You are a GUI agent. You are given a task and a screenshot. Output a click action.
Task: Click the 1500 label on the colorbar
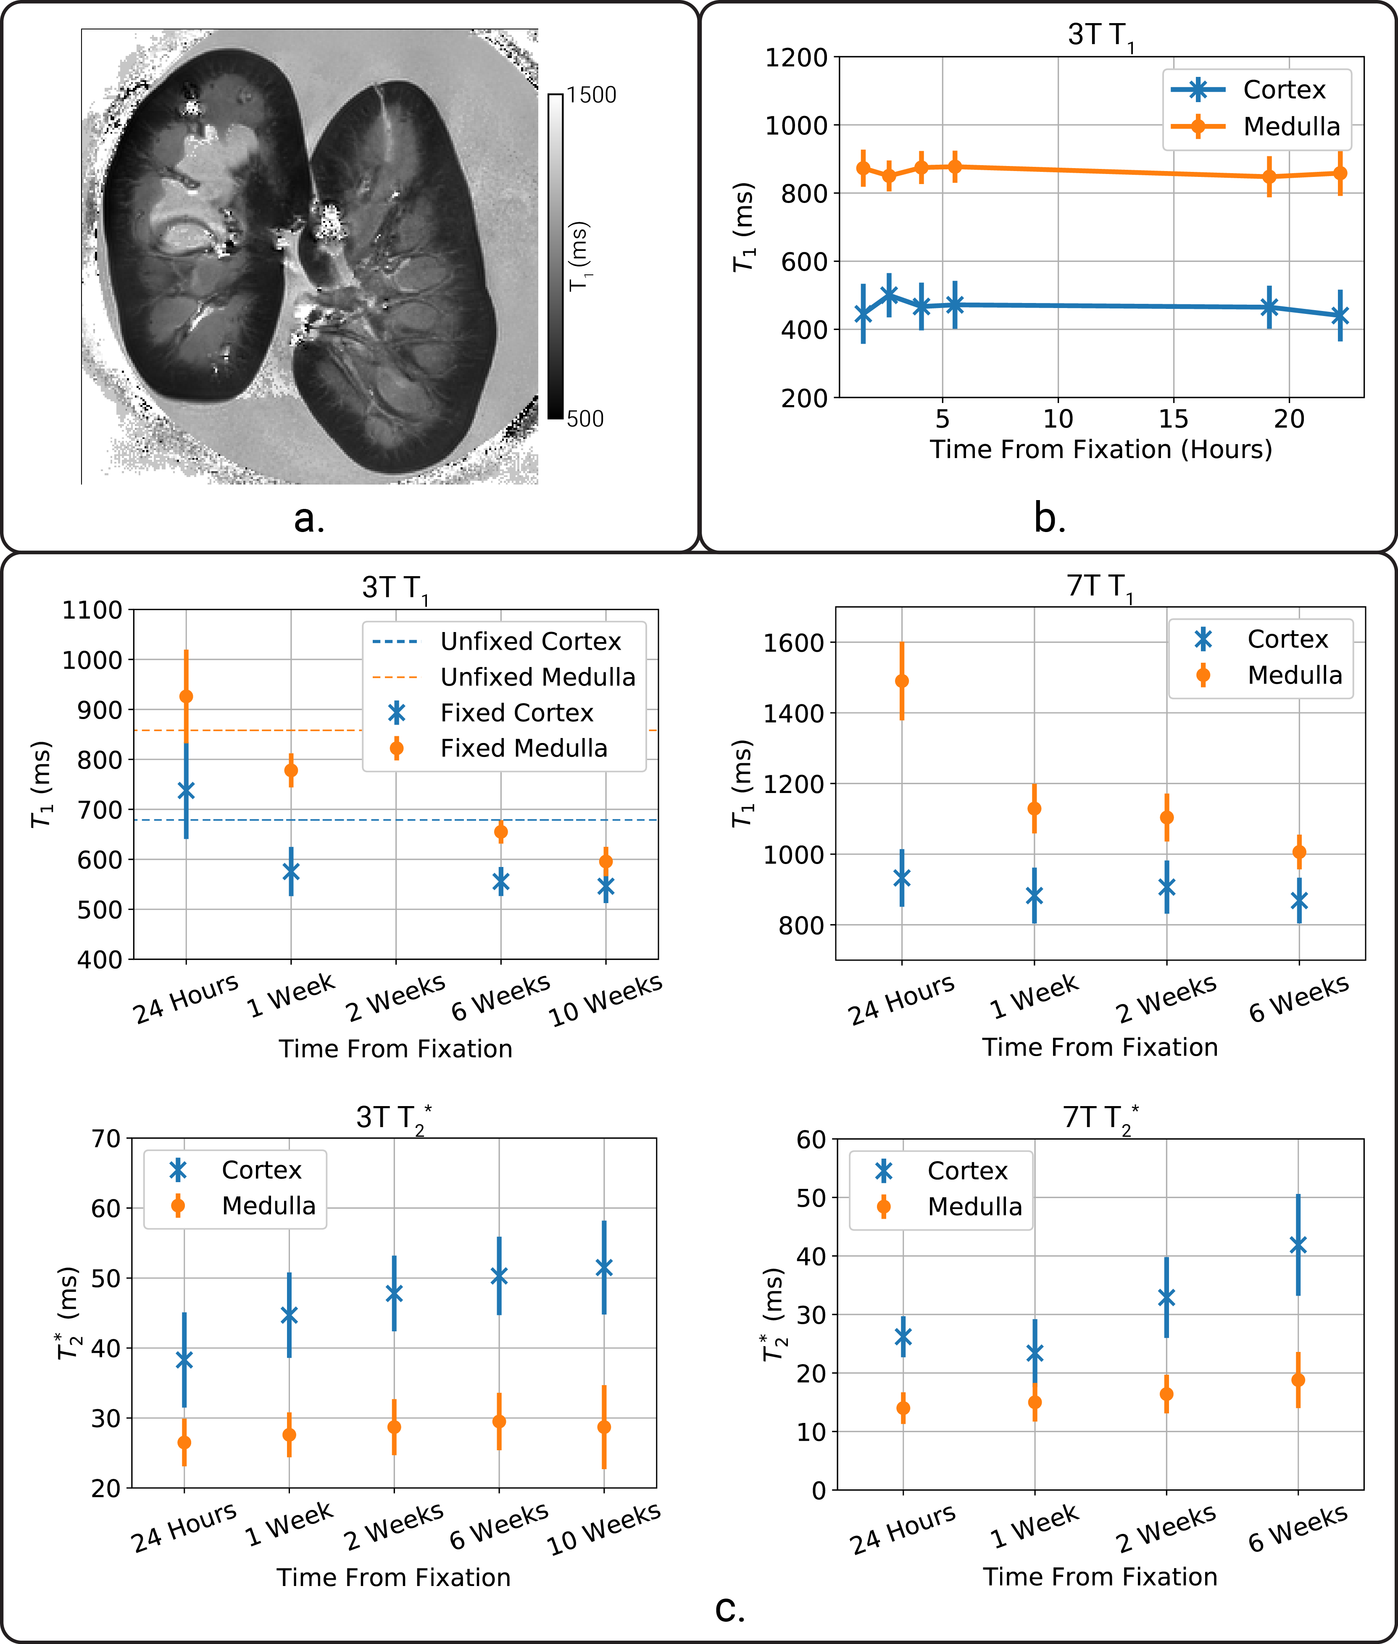click(x=591, y=95)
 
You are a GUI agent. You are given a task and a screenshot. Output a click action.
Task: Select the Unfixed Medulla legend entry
click(x=537, y=677)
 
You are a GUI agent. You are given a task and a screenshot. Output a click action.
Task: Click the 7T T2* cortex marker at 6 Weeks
click(x=1298, y=1245)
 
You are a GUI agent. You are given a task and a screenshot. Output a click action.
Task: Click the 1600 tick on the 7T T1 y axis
click(x=793, y=643)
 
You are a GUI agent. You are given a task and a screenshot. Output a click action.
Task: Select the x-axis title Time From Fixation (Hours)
click(x=1101, y=449)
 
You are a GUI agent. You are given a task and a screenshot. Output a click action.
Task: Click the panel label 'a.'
click(x=309, y=519)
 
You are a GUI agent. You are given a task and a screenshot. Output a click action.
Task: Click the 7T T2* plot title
click(x=1101, y=1118)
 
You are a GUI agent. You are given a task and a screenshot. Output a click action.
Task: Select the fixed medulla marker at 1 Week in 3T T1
click(x=291, y=770)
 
